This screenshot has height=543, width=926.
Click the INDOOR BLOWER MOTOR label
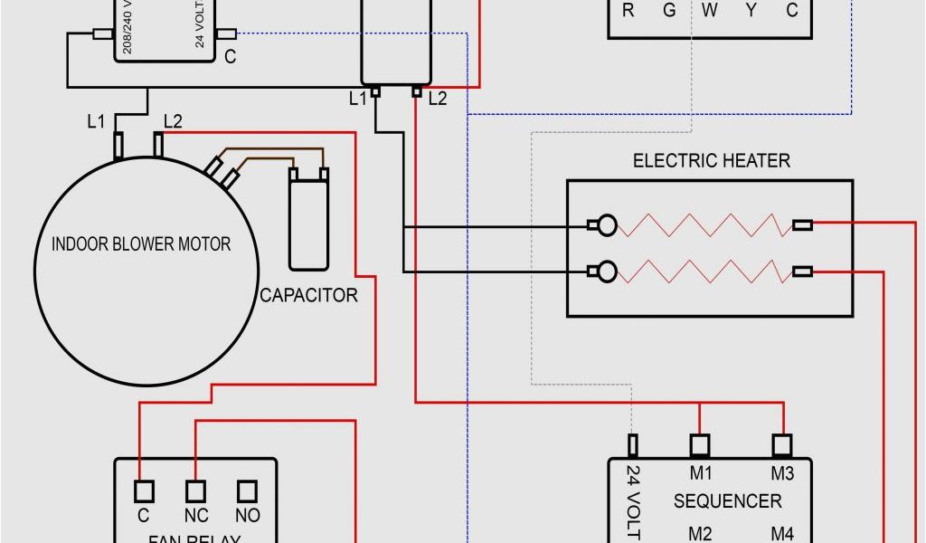click(140, 244)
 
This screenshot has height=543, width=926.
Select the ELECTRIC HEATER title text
click(711, 161)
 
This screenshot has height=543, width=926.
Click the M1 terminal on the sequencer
click(700, 445)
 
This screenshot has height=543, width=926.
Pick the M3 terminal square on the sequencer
click(782, 445)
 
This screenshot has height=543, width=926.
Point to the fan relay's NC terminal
click(195, 491)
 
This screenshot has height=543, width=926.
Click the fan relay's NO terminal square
click(248, 491)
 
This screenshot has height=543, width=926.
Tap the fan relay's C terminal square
click(143, 491)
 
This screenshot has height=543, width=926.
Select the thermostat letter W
click(710, 11)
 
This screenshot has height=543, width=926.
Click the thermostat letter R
click(628, 11)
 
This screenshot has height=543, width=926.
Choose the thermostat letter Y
click(751, 11)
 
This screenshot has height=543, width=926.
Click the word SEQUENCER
click(727, 500)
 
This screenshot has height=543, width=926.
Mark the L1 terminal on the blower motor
click(118, 145)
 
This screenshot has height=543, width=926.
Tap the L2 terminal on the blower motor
click(159, 144)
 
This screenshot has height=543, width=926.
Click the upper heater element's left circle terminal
click(607, 225)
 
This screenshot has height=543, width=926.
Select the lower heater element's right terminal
click(802, 271)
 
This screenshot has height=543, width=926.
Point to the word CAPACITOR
click(308, 295)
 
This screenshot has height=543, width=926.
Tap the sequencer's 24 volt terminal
click(633, 445)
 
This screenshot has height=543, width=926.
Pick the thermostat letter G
click(669, 11)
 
